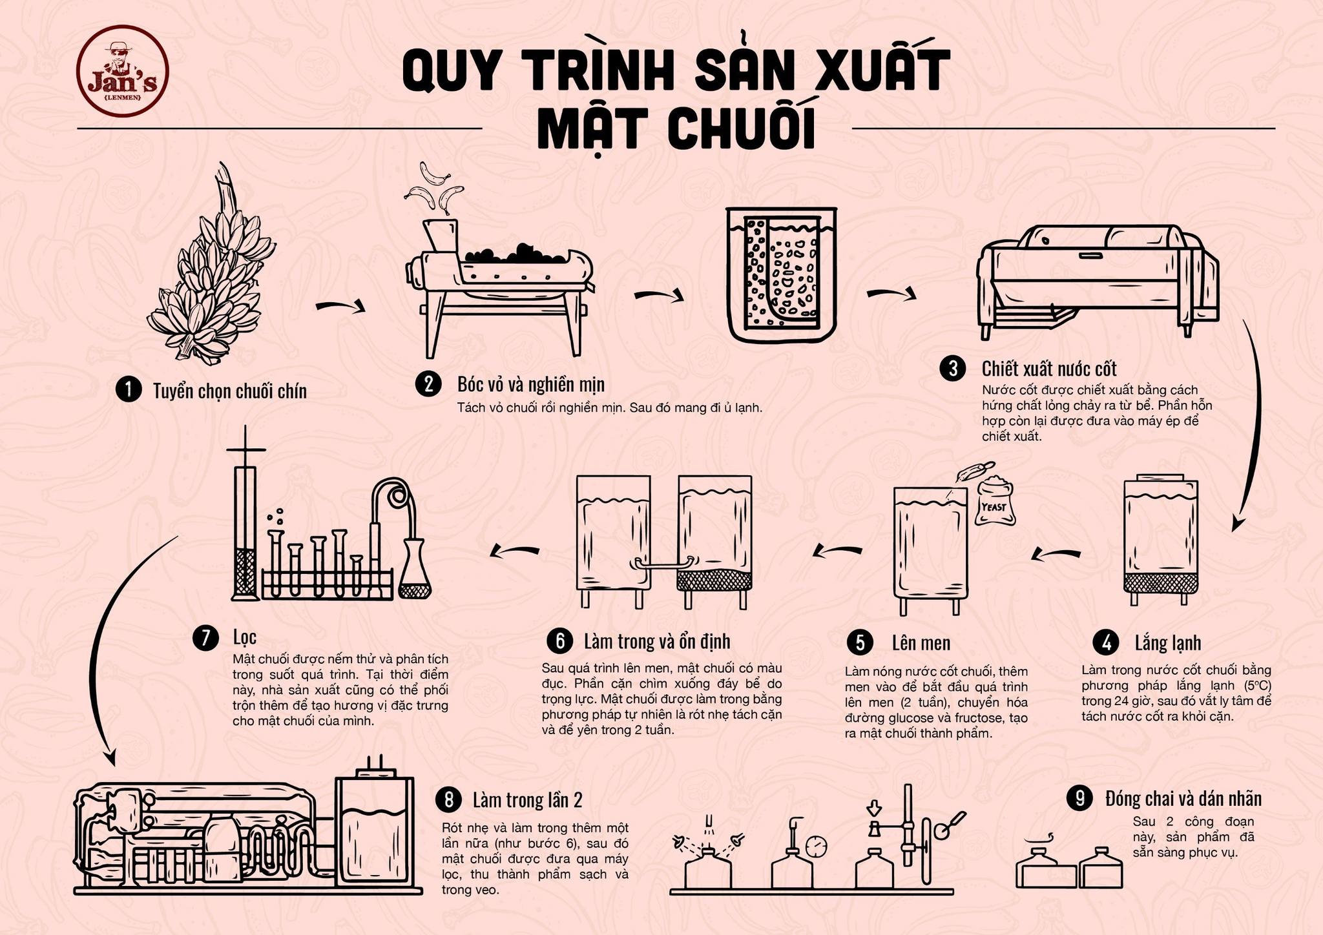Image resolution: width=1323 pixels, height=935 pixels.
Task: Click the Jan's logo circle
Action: click(122, 70)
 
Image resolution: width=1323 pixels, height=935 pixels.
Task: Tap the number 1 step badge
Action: click(128, 390)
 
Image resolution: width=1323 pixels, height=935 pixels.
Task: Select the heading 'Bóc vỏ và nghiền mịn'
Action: click(530, 384)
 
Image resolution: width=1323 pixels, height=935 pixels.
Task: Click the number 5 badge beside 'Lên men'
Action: click(860, 642)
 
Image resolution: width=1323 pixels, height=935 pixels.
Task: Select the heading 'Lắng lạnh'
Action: click(1167, 642)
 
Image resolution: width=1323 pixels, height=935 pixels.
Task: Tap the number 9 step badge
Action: click(1079, 798)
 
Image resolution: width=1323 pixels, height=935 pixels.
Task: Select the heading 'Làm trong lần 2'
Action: click(527, 800)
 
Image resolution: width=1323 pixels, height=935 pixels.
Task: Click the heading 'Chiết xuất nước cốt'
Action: click(1049, 369)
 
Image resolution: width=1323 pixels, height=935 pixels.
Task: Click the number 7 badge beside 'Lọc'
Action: click(205, 638)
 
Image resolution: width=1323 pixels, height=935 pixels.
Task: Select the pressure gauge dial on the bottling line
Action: click(817, 845)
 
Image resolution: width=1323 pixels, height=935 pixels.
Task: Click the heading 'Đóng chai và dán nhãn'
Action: click(1183, 799)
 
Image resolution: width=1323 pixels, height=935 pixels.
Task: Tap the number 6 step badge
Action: click(559, 641)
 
